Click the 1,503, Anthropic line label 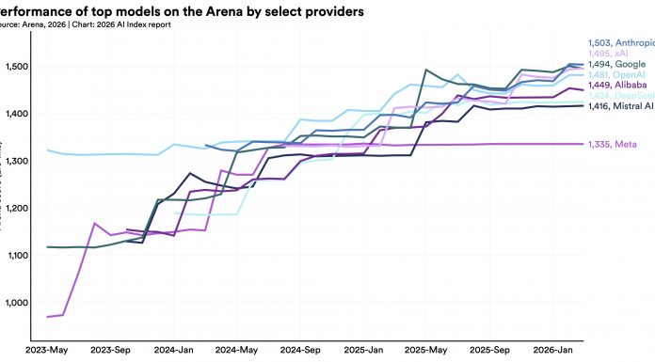[620, 42]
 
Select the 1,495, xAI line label [610, 53]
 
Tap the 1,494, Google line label [616, 64]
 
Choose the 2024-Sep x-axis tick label [302, 351]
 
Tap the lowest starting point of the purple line [47, 317]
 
